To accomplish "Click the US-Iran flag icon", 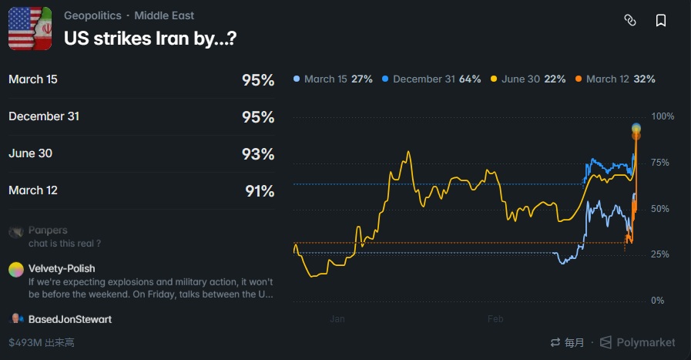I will tap(30, 29).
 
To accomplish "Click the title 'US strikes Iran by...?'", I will tap(149, 38).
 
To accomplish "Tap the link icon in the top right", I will tap(629, 21).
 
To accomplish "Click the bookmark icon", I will tap(661, 21).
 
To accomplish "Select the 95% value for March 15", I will tap(257, 80).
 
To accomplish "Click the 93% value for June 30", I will tap(257, 154).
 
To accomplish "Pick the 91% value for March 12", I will tap(260, 191).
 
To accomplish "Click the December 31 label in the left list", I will tap(44, 116).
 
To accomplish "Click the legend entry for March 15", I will tap(333, 79).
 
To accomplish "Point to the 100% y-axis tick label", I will tap(663, 116).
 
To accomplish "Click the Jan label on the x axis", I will tap(337, 318).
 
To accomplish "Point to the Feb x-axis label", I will tap(495, 318).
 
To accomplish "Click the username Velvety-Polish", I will tap(62, 268).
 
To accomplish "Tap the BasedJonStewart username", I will tap(70, 319).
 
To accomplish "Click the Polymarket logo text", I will tap(646, 342).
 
